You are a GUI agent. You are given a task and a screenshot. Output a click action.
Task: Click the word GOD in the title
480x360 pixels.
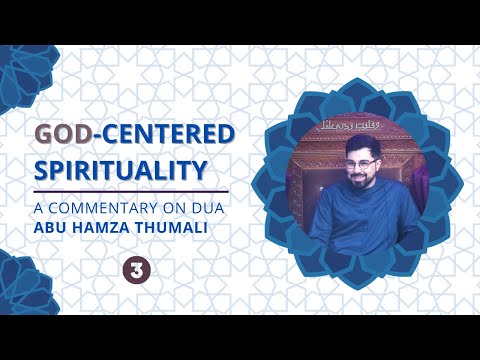click(x=60, y=136)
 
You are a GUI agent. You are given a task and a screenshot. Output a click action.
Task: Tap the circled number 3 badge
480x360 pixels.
click(x=132, y=268)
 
